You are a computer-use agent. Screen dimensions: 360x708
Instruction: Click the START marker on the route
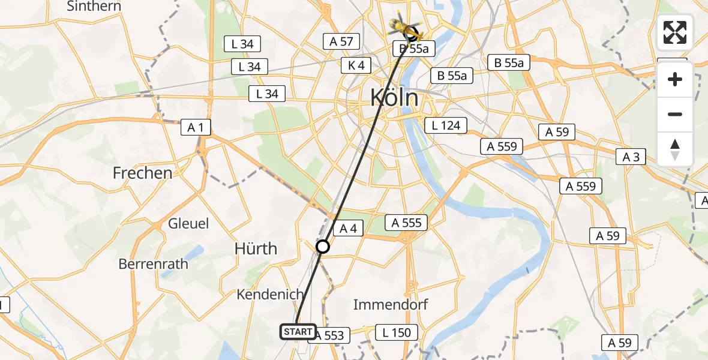click(298, 331)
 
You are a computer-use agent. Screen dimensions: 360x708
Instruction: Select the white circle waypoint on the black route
click(323, 247)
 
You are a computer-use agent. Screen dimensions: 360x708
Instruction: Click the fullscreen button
click(675, 32)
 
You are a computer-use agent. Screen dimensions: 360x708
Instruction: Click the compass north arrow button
click(675, 149)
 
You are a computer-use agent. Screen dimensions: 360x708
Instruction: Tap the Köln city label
click(394, 97)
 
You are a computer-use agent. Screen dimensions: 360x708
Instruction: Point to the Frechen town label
click(142, 173)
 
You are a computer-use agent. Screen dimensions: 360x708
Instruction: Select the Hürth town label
click(256, 248)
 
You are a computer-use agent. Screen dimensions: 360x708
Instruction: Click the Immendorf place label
click(391, 304)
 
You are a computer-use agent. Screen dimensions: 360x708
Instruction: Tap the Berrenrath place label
click(153, 263)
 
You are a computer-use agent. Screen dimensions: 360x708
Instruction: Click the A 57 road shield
click(341, 41)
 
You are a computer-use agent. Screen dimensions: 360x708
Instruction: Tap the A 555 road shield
click(407, 223)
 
